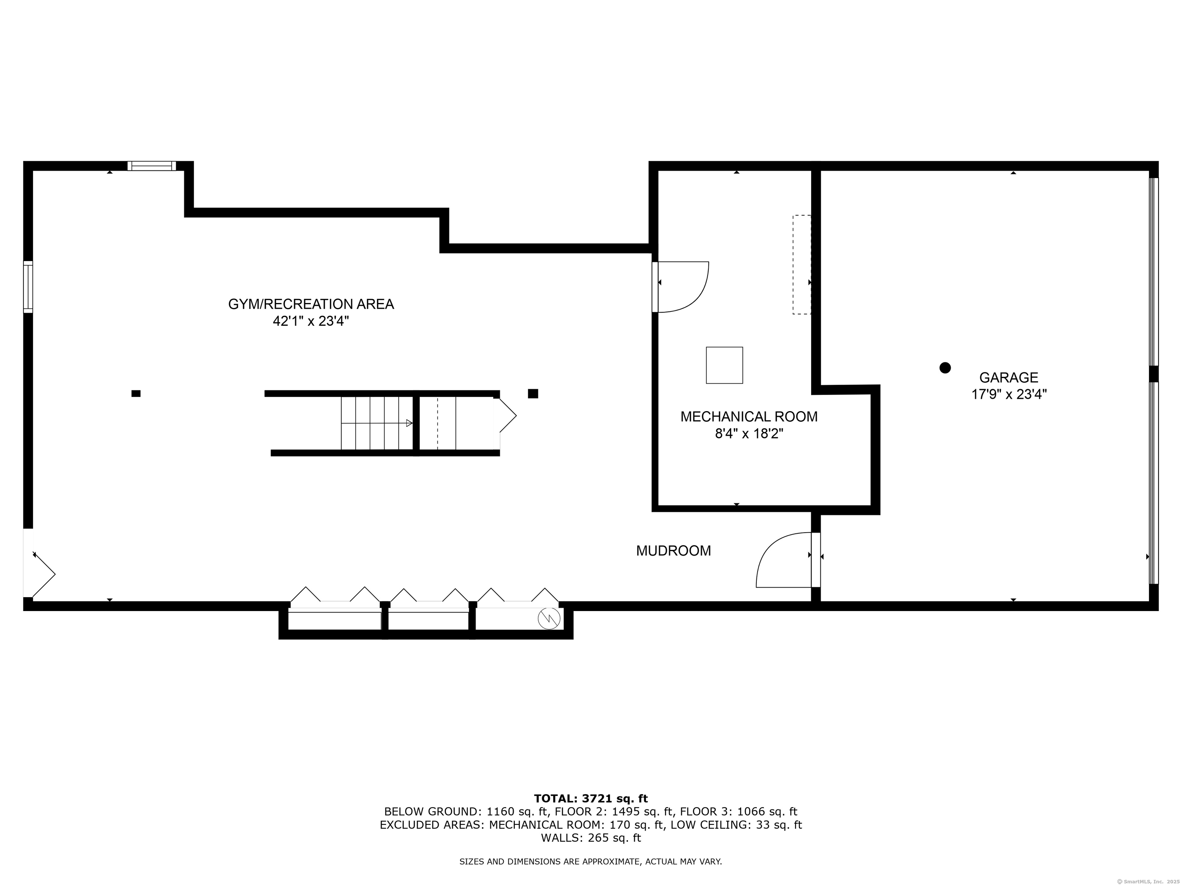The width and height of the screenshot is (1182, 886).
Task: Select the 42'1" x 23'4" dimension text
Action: click(x=311, y=321)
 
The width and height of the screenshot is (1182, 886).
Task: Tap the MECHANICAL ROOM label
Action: click(x=749, y=416)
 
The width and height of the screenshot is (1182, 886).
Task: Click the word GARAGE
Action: click(x=1008, y=378)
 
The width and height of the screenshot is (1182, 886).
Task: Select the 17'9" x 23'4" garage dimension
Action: click(x=1008, y=395)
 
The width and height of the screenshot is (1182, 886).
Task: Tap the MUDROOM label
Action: click(x=673, y=551)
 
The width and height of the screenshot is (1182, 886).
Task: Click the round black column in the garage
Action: click(x=945, y=367)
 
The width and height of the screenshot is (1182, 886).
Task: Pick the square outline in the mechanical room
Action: click(x=724, y=365)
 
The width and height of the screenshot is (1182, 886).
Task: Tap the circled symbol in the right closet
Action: click(x=549, y=619)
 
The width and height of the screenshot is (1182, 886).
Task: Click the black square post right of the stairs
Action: click(x=533, y=394)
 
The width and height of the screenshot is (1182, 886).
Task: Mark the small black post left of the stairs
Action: click(x=136, y=394)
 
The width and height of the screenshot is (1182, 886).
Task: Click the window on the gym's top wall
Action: click(x=152, y=166)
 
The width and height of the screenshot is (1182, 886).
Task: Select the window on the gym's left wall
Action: click(x=28, y=287)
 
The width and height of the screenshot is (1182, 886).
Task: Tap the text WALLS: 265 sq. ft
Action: click(x=591, y=838)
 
